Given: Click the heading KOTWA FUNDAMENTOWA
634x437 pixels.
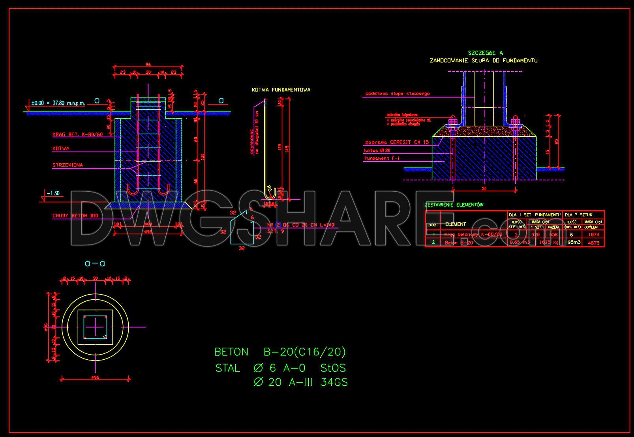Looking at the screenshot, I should [x=281, y=90].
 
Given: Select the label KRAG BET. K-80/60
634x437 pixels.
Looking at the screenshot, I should [x=77, y=134].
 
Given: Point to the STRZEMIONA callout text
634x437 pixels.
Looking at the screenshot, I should [x=68, y=165].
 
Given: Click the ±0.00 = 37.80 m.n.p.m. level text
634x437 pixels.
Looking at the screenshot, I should [x=58, y=103].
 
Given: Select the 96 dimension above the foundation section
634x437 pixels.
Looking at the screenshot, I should [x=148, y=65].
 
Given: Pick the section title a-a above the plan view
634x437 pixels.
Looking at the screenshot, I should [x=95, y=263].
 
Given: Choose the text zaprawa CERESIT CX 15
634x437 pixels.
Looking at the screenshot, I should [x=397, y=142].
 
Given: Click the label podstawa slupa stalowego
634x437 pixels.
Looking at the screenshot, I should [x=397, y=94].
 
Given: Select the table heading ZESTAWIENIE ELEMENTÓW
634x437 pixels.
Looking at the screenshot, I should [x=454, y=205].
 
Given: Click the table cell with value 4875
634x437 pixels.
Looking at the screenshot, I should [x=593, y=243].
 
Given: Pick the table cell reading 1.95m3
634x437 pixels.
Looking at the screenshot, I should [x=572, y=242].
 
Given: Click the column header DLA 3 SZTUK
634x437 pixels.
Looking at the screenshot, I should [x=578, y=215].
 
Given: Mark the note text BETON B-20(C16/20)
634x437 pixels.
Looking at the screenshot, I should [x=280, y=352].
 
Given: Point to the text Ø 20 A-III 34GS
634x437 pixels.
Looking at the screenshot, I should [x=300, y=382].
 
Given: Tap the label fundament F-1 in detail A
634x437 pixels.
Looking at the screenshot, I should [x=382, y=158].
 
